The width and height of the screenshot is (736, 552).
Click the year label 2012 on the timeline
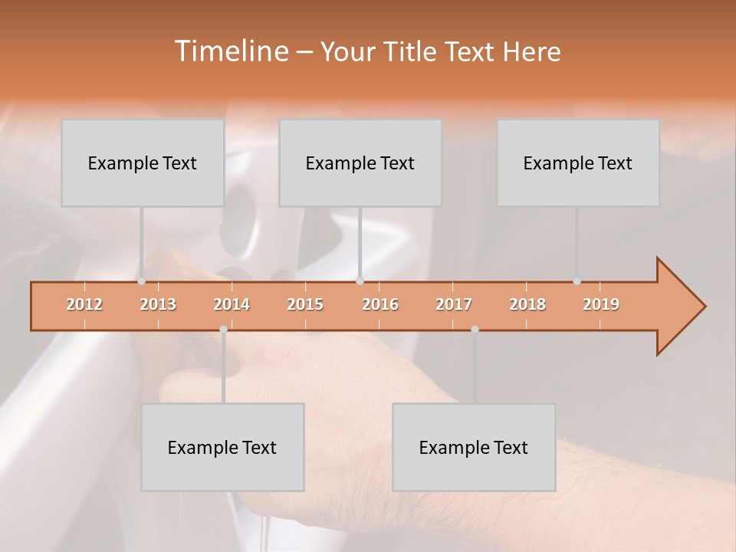[x=84, y=304]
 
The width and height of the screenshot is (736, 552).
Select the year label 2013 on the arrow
[x=158, y=304]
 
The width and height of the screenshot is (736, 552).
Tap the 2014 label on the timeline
[x=232, y=304]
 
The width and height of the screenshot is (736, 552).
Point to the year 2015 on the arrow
[x=305, y=304]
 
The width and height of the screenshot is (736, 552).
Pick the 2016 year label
[x=380, y=304]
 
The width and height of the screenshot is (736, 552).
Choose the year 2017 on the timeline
[x=454, y=304]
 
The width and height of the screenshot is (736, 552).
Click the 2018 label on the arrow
[x=527, y=304]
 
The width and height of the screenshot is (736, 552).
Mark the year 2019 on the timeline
[x=601, y=304]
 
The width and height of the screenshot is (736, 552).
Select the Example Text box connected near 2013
[x=143, y=163]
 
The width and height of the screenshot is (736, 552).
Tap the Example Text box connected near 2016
[x=360, y=163]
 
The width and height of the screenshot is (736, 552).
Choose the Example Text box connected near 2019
[x=578, y=163]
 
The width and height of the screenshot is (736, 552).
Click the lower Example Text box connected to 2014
[x=222, y=447]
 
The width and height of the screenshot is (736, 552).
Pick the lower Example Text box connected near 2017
[x=474, y=447]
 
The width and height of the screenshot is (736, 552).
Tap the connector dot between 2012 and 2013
[x=141, y=281]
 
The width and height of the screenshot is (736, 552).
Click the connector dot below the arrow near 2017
[x=475, y=329]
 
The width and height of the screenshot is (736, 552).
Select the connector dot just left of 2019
[x=577, y=281]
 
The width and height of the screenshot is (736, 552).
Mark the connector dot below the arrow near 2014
[x=223, y=329]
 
